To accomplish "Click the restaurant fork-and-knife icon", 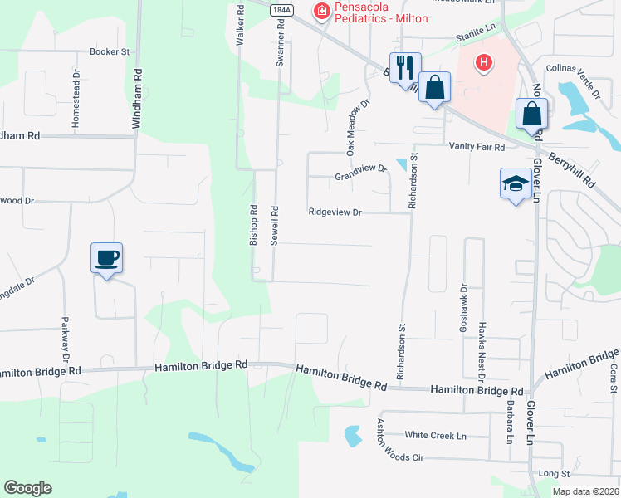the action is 405,66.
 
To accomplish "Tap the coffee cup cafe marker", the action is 106,257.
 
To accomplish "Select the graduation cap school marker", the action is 516,183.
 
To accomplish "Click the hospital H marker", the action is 484,63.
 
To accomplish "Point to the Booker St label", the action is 110,51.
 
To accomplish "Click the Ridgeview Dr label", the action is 335,212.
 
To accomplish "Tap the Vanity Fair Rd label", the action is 477,147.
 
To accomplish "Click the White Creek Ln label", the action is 436,436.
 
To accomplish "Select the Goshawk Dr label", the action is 463,310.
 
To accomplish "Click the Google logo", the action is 27,488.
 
